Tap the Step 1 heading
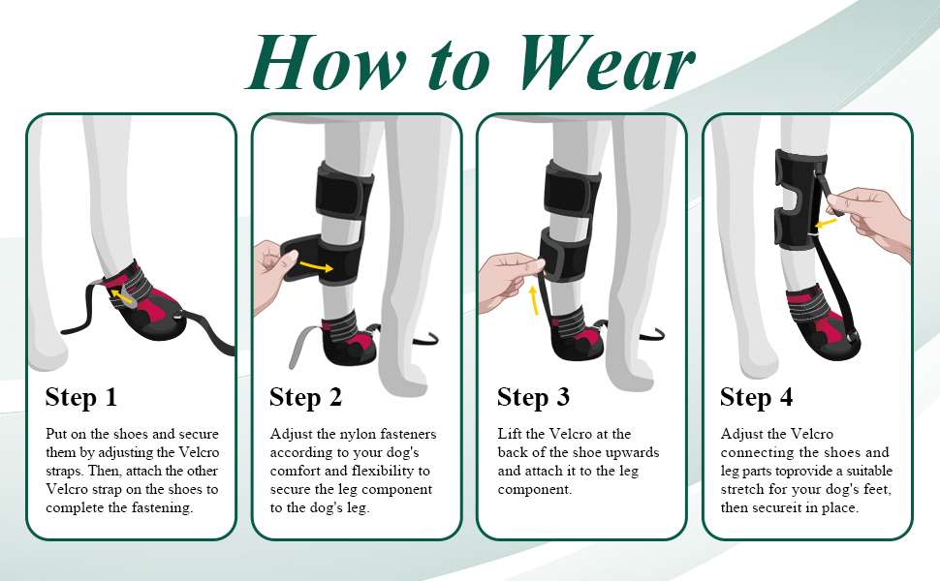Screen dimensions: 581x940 [81, 397]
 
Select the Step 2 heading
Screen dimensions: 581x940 [305, 397]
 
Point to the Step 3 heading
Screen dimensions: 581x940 [533, 397]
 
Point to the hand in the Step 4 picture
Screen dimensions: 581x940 [870, 215]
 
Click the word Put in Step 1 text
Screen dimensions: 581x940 [57, 434]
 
